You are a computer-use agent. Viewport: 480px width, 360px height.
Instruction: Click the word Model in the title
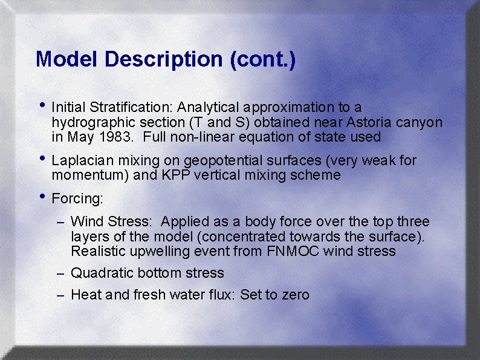pos(67,59)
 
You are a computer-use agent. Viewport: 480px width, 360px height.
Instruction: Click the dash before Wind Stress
pos(60,223)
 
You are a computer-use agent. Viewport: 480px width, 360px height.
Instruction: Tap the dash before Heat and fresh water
pos(60,296)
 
